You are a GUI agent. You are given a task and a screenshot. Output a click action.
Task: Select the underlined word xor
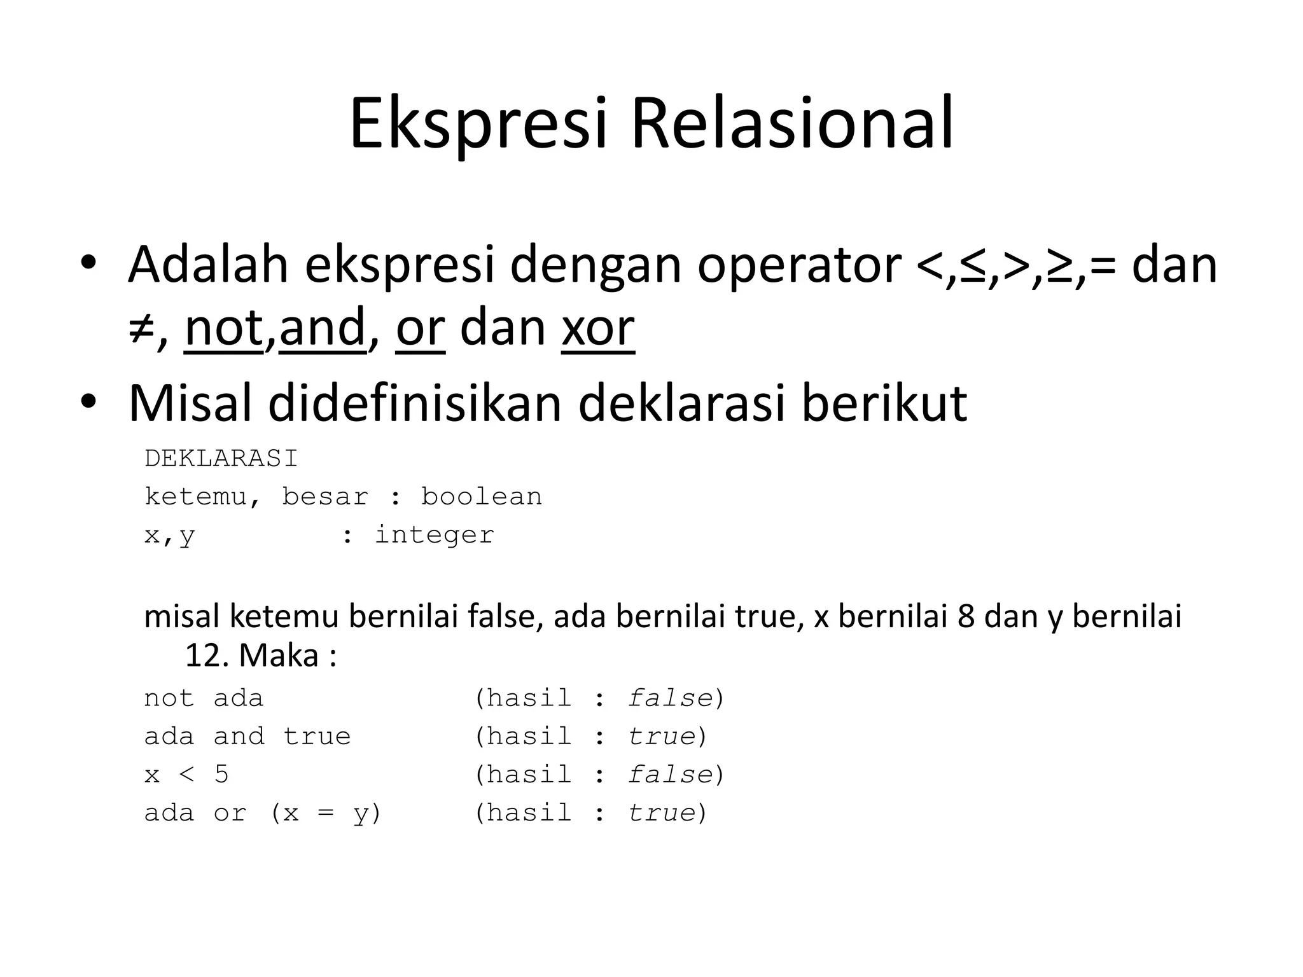(x=598, y=328)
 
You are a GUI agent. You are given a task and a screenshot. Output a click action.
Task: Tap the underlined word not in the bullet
(x=224, y=328)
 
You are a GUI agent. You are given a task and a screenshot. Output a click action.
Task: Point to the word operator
(x=799, y=266)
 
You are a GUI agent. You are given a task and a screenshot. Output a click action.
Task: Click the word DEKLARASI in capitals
(x=221, y=459)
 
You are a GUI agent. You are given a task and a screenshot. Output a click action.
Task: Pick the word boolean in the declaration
(x=481, y=497)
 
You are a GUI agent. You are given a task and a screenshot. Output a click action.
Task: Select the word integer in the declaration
(x=434, y=535)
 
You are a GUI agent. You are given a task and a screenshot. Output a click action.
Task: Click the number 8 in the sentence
(x=966, y=617)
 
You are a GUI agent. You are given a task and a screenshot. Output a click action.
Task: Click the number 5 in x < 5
(x=221, y=775)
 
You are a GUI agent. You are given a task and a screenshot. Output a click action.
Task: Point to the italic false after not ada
(x=669, y=698)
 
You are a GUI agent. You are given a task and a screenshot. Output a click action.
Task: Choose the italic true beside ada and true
(x=661, y=737)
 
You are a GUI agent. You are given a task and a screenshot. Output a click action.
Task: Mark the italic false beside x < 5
(x=669, y=775)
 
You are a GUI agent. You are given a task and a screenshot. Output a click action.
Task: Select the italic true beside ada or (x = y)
(x=661, y=813)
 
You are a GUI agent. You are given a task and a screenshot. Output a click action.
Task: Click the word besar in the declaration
(x=325, y=497)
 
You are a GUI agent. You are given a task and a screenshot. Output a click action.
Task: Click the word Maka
(x=279, y=655)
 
